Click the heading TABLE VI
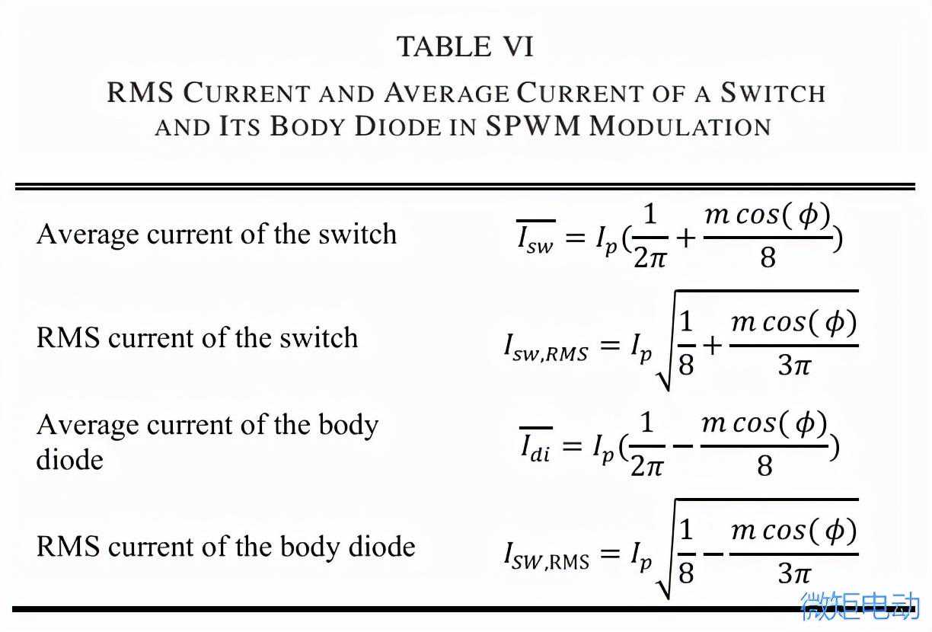coord(465,47)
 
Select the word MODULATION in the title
coord(680,126)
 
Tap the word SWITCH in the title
coord(773,93)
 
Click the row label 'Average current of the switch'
coord(216,234)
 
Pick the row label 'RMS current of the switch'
coord(196,337)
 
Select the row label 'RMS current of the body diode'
coord(225,546)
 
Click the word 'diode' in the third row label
coord(69,459)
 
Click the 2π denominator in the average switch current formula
coord(650,258)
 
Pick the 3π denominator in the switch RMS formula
coord(794,365)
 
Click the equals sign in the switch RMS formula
coord(610,346)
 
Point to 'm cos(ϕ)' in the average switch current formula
coord(767,215)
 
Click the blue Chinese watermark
coord(860,606)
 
